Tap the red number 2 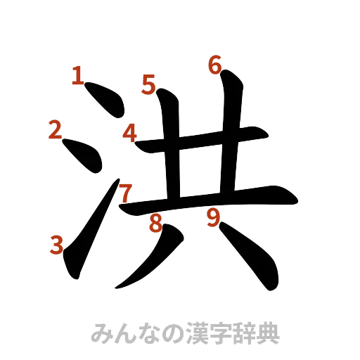(55, 129)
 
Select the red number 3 (58, 245)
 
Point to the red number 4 (130, 132)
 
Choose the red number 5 (148, 84)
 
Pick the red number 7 (124, 191)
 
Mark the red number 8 (155, 224)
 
